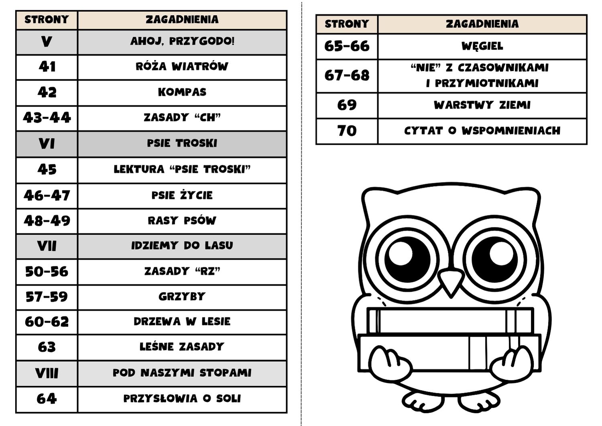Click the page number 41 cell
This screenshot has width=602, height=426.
pyautogui.click(x=47, y=67)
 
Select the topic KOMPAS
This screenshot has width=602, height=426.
pyautogui.click(x=182, y=92)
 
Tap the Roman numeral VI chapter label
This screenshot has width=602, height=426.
pyautogui.click(x=47, y=143)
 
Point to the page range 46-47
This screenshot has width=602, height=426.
pyautogui.click(x=47, y=195)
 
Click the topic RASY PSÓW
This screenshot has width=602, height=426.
pyautogui.click(x=182, y=221)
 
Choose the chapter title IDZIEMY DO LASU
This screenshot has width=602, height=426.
pyautogui.click(x=182, y=246)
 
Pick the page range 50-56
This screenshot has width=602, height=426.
pyautogui.click(x=47, y=272)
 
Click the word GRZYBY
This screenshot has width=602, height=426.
pyautogui.click(x=182, y=297)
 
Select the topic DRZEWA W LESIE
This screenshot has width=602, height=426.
pyautogui.click(x=182, y=322)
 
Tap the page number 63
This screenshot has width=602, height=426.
pyautogui.click(x=47, y=347)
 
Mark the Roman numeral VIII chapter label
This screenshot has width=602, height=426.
pyautogui.click(x=47, y=373)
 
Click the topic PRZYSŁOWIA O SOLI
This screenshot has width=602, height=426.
pyautogui.click(x=182, y=399)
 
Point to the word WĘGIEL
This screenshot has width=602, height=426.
pyautogui.click(x=482, y=46)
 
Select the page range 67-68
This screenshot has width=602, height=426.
pyautogui.click(x=347, y=76)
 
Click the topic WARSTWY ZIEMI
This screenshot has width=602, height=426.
pyautogui.click(x=482, y=105)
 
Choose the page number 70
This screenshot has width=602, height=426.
pyautogui.click(x=347, y=131)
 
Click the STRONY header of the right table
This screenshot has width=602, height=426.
pyautogui.click(x=347, y=24)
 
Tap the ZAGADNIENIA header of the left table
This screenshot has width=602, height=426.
pyautogui.click(x=182, y=20)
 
